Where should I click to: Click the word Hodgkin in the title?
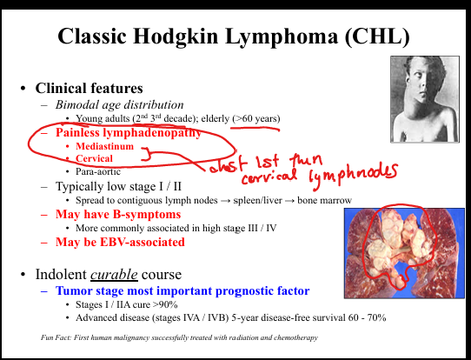click(178, 36)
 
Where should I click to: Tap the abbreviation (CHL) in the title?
click(377, 36)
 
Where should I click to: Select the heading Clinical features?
click(89, 88)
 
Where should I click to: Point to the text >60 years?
click(257, 118)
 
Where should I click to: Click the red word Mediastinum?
click(104, 146)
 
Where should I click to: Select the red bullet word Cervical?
click(94, 158)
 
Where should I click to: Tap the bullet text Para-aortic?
click(98, 171)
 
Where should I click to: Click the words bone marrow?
click(324, 200)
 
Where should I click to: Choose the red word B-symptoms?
click(147, 214)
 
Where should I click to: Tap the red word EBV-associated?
click(142, 242)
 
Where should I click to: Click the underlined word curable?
click(114, 274)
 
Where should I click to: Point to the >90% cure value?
click(165, 304)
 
